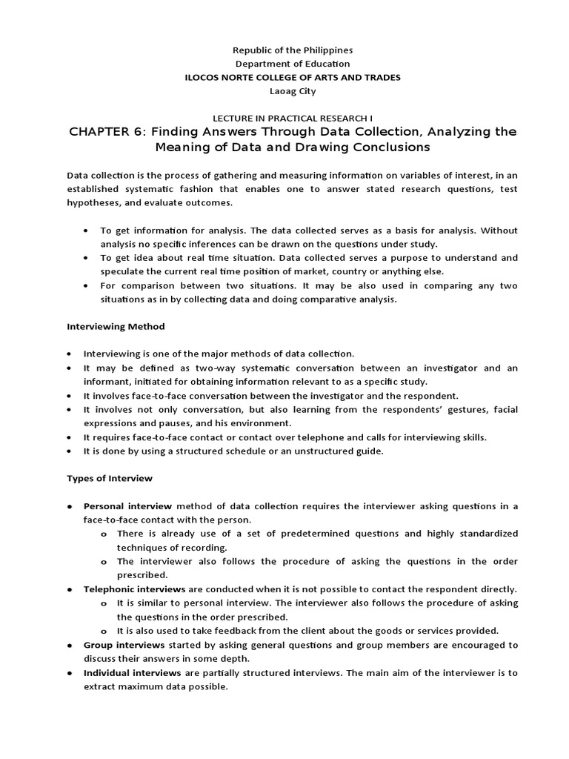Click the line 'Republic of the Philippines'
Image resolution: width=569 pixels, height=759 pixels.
(x=293, y=50)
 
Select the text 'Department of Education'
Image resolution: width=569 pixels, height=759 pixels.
(x=293, y=64)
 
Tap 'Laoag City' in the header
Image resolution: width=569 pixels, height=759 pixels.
(x=293, y=91)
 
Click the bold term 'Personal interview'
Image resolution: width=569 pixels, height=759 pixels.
(x=127, y=506)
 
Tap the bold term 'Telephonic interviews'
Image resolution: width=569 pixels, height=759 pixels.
(x=134, y=589)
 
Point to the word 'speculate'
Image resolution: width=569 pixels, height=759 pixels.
(x=123, y=271)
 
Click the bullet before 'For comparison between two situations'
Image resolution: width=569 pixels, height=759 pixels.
(x=88, y=285)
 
